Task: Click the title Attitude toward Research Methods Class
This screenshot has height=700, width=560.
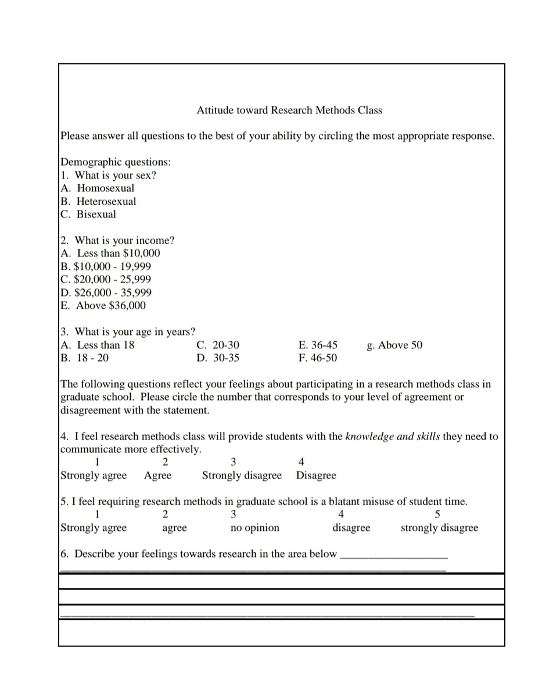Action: [x=289, y=110]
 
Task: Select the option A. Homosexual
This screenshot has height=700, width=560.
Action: [x=98, y=188]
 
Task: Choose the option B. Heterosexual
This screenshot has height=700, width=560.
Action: [x=99, y=202]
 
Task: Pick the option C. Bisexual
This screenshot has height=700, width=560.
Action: [x=89, y=215]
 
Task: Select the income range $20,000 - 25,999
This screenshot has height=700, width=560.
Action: [x=106, y=280]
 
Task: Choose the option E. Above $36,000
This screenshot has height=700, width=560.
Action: [x=104, y=306]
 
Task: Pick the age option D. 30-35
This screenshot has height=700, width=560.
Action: [x=218, y=358]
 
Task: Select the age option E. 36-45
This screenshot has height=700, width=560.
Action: [x=318, y=345]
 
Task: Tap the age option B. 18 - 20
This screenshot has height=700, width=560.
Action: [x=85, y=358]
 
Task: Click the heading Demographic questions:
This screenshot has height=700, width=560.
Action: [x=116, y=162]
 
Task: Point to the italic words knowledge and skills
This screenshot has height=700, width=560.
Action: [x=393, y=437]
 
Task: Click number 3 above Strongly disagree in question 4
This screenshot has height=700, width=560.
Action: [x=233, y=462]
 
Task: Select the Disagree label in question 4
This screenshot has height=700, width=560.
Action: [x=316, y=476]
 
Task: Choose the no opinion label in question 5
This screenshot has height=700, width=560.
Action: [x=254, y=528]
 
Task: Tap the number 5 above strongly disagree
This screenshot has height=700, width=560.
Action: [x=437, y=515]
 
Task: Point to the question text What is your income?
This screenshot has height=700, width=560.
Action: [x=124, y=241]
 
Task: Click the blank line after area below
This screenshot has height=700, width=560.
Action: [x=393, y=556]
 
